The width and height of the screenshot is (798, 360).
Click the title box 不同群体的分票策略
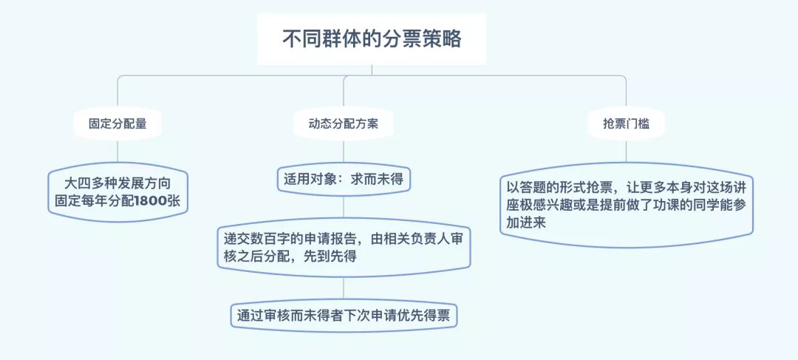[372, 39]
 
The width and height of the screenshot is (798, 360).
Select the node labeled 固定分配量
[117, 123]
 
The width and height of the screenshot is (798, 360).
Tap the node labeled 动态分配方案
[344, 123]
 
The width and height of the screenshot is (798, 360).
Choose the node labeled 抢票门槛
[626, 123]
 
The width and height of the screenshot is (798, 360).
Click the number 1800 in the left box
[151, 201]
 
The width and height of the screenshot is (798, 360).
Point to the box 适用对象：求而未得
[344, 180]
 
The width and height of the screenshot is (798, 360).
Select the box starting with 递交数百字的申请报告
[344, 247]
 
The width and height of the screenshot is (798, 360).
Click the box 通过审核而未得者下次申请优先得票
[344, 316]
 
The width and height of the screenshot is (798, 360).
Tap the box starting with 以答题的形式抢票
[627, 205]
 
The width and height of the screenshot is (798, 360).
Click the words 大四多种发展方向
[117, 183]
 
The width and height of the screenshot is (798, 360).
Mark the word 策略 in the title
[448, 39]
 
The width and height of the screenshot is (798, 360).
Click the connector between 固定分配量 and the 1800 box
[117, 152]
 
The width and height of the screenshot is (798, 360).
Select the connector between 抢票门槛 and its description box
[626, 152]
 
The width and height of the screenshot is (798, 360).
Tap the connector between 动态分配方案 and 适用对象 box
[344, 152]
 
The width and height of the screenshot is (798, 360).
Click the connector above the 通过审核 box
[344, 288]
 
